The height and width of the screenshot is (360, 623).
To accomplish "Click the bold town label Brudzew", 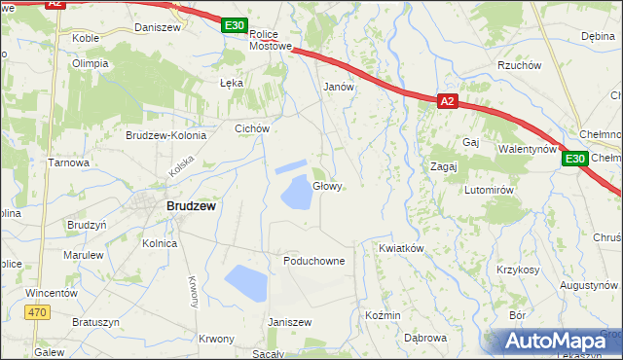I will (191, 206).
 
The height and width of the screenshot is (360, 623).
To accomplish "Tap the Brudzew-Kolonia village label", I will (165, 135).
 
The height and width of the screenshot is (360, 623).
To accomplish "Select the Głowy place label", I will (327, 186).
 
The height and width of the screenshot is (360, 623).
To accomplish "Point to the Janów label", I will (338, 86).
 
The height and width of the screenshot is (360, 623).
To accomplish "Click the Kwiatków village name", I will (401, 248).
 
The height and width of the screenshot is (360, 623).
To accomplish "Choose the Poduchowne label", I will (313, 261).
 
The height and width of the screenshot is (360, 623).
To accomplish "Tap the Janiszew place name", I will (288, 322).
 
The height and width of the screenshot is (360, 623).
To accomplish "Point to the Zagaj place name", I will (444, 166).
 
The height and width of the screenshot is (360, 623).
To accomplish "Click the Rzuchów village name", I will (518, 65).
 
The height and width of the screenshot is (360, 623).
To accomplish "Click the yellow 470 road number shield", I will (37, 311).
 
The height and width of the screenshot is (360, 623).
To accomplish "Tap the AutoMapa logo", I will (560, 342).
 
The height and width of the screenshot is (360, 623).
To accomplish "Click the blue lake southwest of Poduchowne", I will (245, 283).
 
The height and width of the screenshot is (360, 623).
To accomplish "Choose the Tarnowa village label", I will (69, 162).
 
